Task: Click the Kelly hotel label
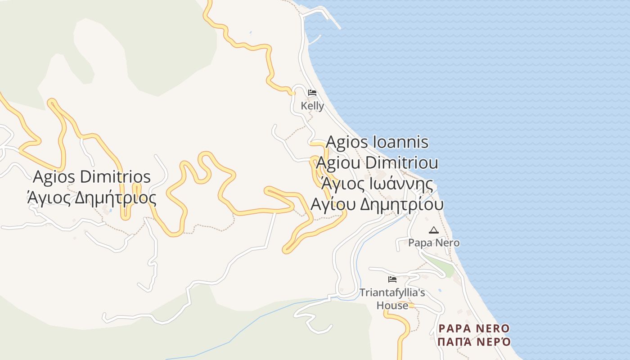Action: [x=312, y=106]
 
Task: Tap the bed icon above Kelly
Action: [x=312, y=93]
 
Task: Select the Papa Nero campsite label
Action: [x=434, y=243]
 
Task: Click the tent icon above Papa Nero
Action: [x=434, y=230]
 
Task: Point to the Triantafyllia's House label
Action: [x=392, y=299]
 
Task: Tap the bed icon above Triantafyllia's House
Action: [x=392, y=279]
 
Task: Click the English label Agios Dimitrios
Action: [x=92, y=177]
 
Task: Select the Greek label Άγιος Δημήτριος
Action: [x=92, y=198]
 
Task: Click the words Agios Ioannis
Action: [x=377, y=142]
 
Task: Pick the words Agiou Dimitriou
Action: [x=377, y=163]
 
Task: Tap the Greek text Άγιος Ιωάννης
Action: [x=377, y=184]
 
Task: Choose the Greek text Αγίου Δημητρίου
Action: [x=377, y=204]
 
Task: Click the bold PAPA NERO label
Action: [x=474, y=328]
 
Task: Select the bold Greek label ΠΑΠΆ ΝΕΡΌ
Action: [x=474, y=342]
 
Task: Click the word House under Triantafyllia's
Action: [x=392, y=306]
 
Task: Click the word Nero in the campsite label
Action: [x=448, y=243]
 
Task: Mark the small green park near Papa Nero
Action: [x=441, y=265]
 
